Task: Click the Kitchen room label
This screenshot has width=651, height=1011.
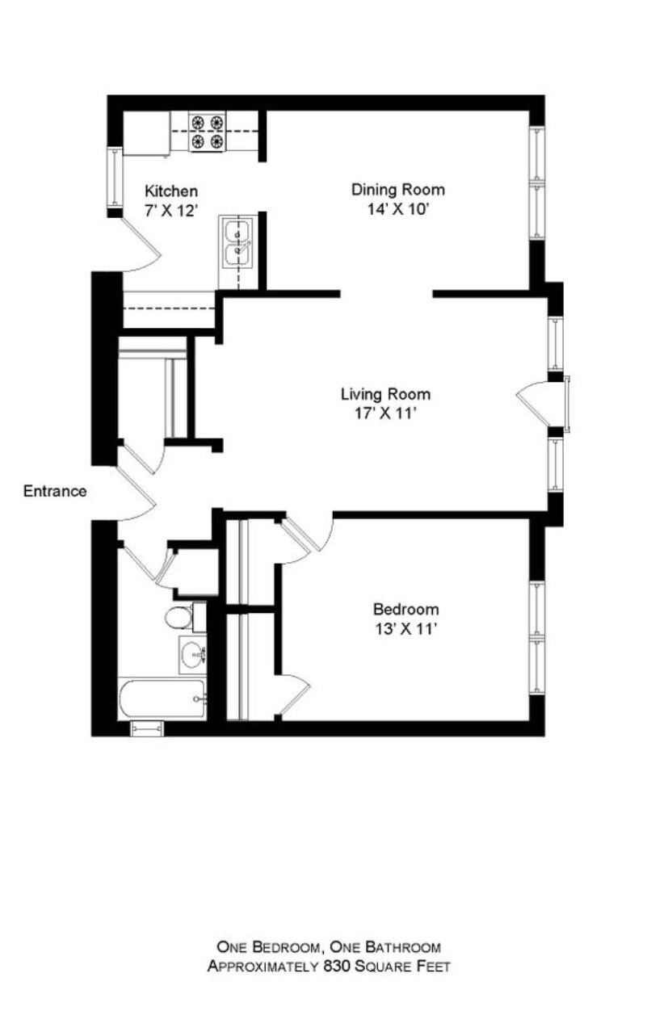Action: pyautogui.click(x=171, y=191)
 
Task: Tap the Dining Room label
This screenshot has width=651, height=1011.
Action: pyautogui.click(x=398, y=190)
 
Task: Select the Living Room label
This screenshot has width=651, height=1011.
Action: pyautogui.click(x=385, y=395)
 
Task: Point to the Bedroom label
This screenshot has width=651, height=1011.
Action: pyautogui.click(x=405, y=610)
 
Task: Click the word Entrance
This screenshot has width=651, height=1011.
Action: pyautogui.click(x=55, y=491)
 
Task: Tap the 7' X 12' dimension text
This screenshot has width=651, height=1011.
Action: pyautogui.click(x=171, y=211)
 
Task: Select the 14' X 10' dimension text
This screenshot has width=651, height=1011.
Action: pyautogui.click(x=397, y=209)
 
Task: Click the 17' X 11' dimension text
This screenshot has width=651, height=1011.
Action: pyautogui.click(x=384, y=414)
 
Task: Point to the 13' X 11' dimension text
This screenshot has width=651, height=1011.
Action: pyautogui.click(x=405, y=629)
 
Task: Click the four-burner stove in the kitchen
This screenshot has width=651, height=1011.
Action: pyautogui.click(x=208, y=132)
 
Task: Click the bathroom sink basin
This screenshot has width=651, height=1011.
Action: pyautogui.click(x=193, y=654)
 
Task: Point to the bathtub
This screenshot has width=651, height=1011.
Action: pyautogui.click(x=162, y=698)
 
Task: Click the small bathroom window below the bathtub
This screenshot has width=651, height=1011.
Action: pyautogui.click(x=147, y=728)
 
